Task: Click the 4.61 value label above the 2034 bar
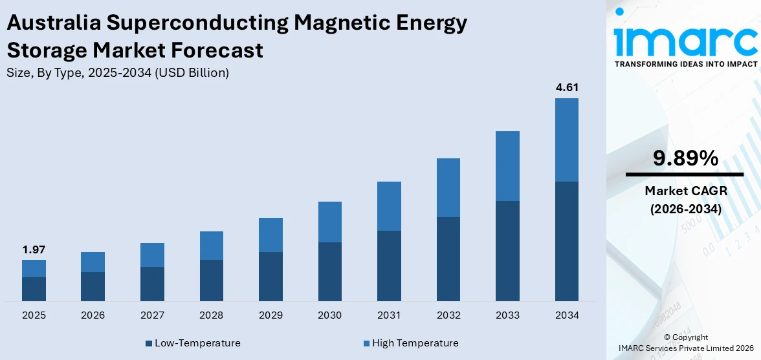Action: [566, 88]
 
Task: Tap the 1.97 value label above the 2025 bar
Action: [34, 249]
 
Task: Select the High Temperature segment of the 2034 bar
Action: [566, 140]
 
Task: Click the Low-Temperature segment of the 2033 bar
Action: [507, 251]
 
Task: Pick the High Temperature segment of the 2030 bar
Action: [330, 222]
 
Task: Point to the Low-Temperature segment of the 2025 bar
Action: [34, 289]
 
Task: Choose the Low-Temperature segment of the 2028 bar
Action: [212, 280]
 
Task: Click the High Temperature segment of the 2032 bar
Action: [448, 187]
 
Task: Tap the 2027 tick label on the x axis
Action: [152, 315]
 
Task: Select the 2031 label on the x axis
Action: [389, 315]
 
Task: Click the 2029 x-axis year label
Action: [270, 315]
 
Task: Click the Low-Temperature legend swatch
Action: [149, 343]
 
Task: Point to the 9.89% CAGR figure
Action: [685, 158]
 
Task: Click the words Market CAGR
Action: [685, 191]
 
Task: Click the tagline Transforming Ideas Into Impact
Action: [685, 64]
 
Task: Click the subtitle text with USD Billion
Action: [117, 72]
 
